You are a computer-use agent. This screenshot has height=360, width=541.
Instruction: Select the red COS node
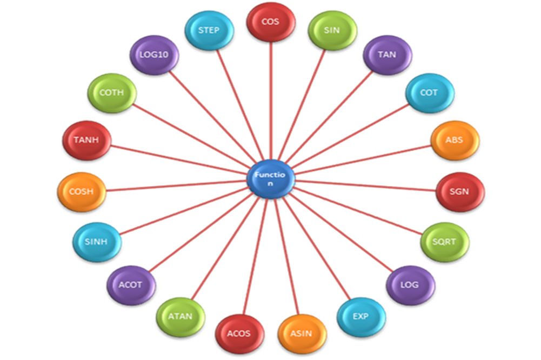[270, 22]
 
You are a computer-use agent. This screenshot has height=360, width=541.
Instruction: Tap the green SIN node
[332, 30]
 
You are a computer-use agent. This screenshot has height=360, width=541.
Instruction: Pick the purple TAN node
[387, 55]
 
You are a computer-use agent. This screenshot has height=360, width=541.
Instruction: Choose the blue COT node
[429, 93]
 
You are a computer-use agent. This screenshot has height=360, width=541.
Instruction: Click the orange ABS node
[455, 140]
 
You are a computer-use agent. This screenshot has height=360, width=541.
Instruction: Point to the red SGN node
[460, 191]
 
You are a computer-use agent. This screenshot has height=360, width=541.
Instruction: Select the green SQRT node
[445, 242]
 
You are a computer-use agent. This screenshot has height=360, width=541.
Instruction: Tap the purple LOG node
[410, 285]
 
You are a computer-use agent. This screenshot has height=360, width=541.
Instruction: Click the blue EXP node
[360, 316]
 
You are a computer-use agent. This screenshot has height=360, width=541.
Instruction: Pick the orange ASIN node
[302, 333]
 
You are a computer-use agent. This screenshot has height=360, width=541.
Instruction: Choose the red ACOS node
[239, 333]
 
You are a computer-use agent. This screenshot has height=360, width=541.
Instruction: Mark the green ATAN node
[181, 316]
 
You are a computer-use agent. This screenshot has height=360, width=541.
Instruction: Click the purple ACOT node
[131, 285]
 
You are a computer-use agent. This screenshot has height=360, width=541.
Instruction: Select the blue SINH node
[97, 242]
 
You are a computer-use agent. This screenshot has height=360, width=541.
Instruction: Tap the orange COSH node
[82, 191]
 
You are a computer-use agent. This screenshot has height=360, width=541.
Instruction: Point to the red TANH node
[86, 141]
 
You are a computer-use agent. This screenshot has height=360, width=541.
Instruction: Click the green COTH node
[112, 93]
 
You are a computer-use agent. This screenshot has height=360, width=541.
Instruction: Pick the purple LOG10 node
[154, 55]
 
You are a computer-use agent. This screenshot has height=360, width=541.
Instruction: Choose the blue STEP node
[209, 30]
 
